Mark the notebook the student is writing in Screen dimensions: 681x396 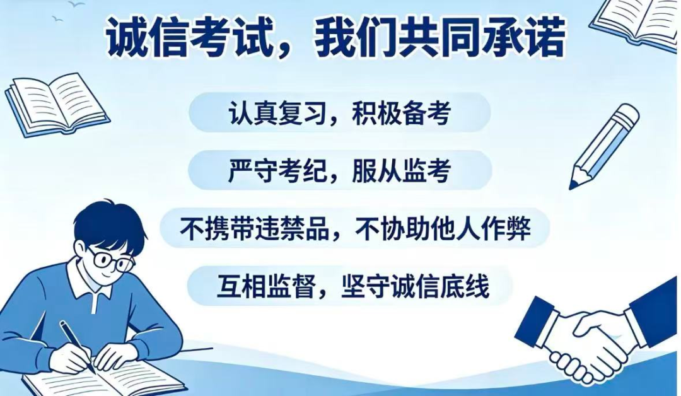[104, 376]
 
